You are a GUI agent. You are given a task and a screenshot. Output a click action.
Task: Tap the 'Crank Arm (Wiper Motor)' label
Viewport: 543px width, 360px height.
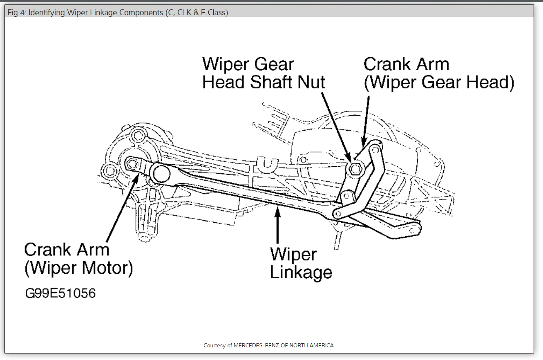pos(78,259)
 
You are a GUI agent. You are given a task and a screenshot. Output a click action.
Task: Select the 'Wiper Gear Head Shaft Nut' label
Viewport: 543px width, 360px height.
pos(264,74)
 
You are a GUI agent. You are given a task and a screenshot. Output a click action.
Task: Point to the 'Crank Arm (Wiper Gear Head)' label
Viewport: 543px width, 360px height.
pos(438,74)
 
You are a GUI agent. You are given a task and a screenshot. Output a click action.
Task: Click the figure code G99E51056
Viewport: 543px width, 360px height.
pos(60,293)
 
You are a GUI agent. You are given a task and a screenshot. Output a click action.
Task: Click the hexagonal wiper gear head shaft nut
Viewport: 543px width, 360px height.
pos(354,168)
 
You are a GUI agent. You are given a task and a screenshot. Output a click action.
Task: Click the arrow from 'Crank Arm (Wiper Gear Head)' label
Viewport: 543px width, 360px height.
pos(366,121)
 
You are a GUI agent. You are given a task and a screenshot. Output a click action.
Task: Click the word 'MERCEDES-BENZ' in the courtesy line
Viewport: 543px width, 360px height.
pos(254,345)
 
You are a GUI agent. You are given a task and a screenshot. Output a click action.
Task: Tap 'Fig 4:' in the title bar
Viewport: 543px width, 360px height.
pos(17,13)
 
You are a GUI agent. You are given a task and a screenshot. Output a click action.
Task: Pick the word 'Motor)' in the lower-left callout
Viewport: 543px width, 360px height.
pos(107,268)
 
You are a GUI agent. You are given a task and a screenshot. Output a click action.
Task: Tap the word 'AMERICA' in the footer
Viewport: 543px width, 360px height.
pos(321,345)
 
